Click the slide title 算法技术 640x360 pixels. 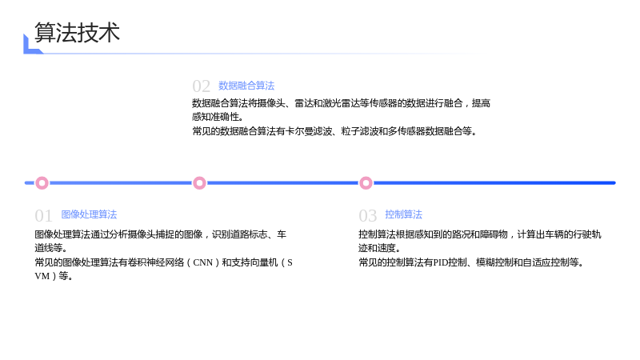pyautogui.click(x=77, y=33)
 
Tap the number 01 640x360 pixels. pyautogui.click(x=44, y=216)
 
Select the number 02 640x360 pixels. pyautogui.click(x=202, y=86)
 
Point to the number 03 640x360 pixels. pyautogui.click(x=368, y=216)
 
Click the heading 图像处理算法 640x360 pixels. pyautogui.click(x=89, y=214)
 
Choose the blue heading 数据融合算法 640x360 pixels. pyautogui.click(x=246, y=86)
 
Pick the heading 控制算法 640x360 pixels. pyautogui.click(x=404, y=214)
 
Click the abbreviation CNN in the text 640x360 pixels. pyautogui.click(x=203, y=262)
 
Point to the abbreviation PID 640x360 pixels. pyautogui.click(x=441, y=262)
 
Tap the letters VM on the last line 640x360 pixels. pyautogui.click(x=42, y=276)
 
